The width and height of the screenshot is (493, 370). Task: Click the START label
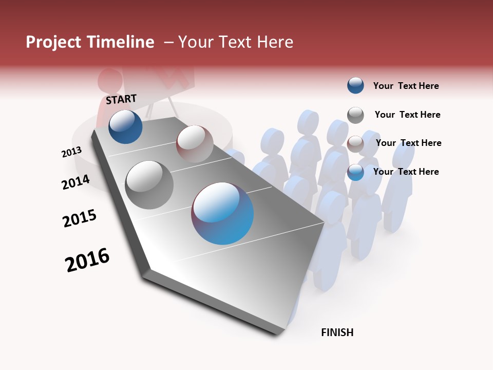[121, 99]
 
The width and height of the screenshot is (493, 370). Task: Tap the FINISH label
[337, 332]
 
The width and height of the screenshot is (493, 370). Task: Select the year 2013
[72, 152]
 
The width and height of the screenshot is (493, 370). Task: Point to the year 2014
[75, 182]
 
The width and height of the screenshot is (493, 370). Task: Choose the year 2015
[80, 218]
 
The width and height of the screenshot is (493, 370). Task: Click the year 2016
[87, 260]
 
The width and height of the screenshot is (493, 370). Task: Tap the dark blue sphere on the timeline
[126, 127]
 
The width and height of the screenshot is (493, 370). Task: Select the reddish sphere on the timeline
[195, 144]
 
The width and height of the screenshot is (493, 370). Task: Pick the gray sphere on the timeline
[149, 184]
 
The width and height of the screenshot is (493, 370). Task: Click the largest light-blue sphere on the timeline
[222, 213]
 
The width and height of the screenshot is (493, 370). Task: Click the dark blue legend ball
[355, 86]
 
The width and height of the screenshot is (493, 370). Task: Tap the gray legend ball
[355, 115]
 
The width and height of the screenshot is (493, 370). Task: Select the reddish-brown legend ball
[355, 143]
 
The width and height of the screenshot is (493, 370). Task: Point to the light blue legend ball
[355, 172]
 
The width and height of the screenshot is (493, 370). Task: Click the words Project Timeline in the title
[90, 42]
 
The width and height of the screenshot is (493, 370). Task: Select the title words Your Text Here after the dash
[236, 42]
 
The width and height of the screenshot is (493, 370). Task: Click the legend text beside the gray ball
[407, 115]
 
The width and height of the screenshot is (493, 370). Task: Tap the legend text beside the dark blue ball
[406, 86]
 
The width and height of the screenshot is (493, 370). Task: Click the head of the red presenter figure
[110, 81]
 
